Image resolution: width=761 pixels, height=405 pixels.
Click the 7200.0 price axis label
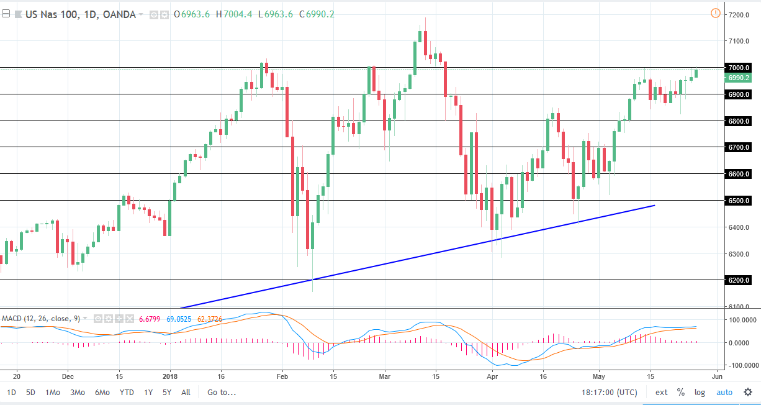pos(740,14)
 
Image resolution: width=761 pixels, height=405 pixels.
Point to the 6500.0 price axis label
pos(740,201)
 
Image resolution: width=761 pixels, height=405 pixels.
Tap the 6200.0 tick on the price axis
pos(740,280)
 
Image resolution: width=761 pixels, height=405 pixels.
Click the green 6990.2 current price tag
pos(740,78)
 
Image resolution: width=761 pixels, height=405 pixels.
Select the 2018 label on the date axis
pos(169,376)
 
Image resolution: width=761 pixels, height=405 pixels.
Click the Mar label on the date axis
pos(385,376)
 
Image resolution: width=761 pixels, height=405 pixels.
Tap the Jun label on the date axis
pos(717,376)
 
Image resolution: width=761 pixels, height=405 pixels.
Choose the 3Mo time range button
pos(78,393)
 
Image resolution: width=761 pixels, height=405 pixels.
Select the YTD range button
pos(127,393)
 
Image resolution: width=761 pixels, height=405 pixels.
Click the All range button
pos(186,393)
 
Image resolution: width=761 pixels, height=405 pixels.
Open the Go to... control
pos(222,393)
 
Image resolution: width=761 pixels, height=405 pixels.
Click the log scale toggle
pos(700,393)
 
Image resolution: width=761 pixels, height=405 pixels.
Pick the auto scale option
pos(724,393)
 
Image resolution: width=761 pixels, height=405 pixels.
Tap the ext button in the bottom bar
pos(662,393)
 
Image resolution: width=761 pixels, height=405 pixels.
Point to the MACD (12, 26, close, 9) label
pos(40,319)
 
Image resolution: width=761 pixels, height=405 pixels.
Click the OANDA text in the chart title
pos(118,14)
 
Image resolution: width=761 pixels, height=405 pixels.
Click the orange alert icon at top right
pos(715,13)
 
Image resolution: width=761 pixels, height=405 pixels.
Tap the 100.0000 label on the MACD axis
pos(742,320)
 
